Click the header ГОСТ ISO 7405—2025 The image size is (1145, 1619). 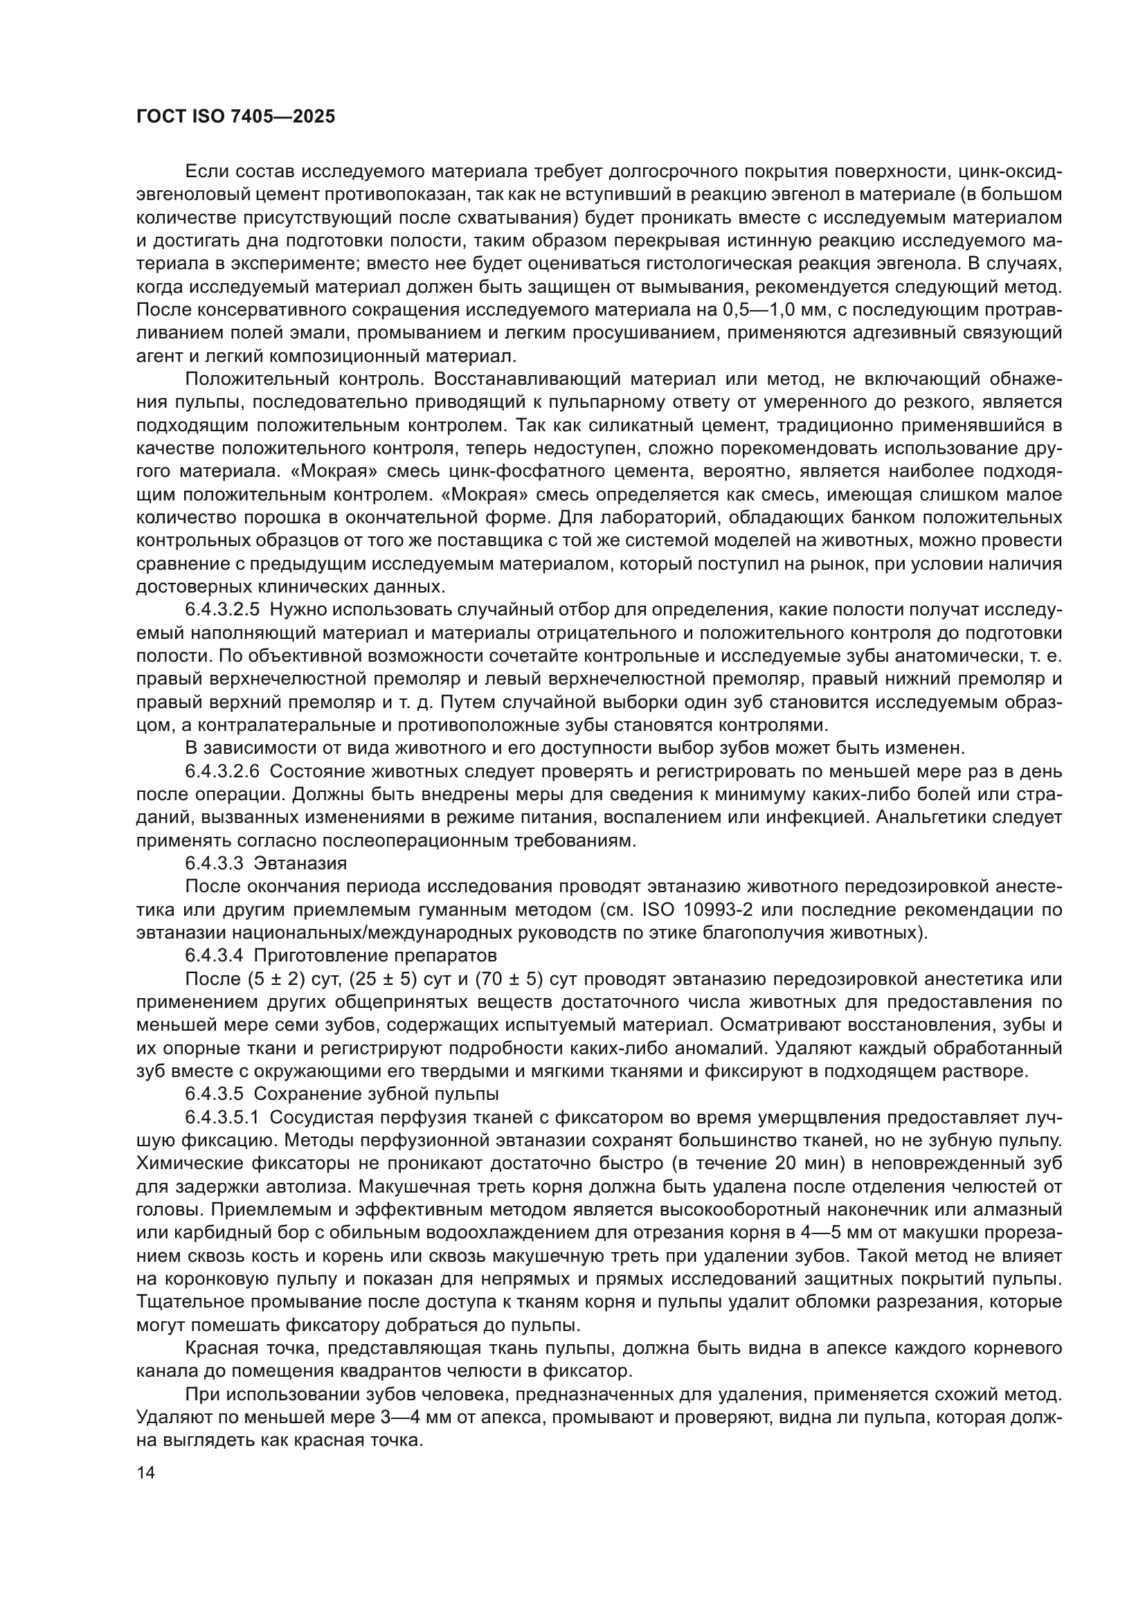click(235, 117)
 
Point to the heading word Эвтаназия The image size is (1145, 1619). click(300, 864)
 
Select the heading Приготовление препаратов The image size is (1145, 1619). click(375, 956)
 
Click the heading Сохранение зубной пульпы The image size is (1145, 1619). click(377, 1094)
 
